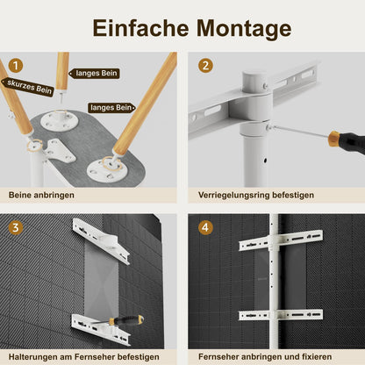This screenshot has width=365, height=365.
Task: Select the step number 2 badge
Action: [x=205, y=65]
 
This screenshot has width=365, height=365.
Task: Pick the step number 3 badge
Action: [x=15, y=227]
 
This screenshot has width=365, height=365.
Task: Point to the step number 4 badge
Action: [x=205, y=227]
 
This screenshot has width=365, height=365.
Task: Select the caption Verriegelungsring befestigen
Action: [x=250, y=195]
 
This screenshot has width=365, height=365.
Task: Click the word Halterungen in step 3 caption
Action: [x=36, y=357]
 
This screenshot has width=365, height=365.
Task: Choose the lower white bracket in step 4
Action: [x=281, y=315]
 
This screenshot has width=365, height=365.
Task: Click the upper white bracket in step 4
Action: [x=281, y=240]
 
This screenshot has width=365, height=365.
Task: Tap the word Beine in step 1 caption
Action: [x=21, y=195]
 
